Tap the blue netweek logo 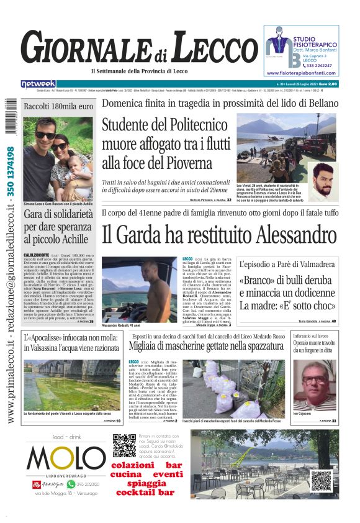38,84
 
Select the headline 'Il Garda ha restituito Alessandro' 219,235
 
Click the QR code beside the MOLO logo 123,446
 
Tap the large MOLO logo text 58,459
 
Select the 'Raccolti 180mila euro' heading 58,106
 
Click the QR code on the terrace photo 321,481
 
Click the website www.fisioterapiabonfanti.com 300,73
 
